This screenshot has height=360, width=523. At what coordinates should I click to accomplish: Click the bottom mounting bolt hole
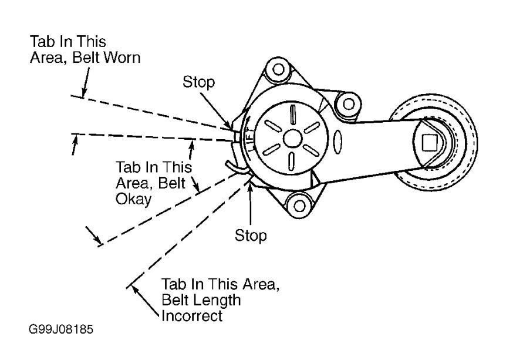(x=299, y=206)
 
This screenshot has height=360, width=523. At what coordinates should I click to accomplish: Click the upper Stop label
(x=198, y=82)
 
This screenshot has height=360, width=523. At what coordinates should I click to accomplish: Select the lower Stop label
(x=251, y=235)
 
